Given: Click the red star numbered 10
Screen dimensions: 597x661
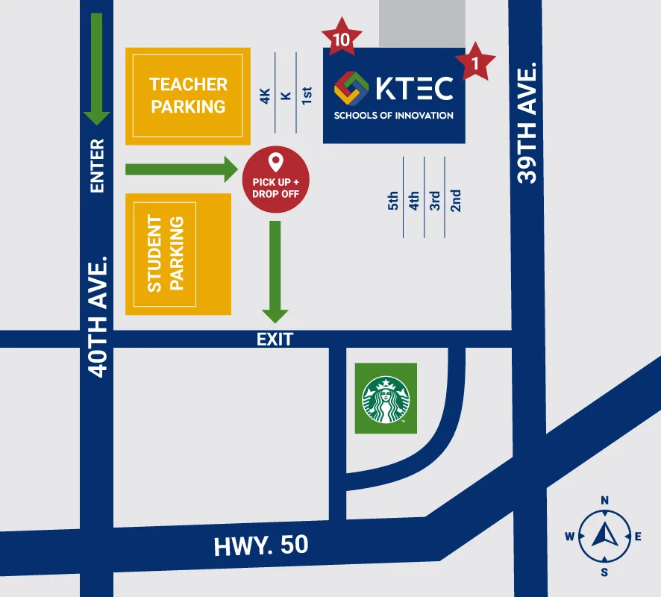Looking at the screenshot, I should pyautogui.click(x=342, y=38).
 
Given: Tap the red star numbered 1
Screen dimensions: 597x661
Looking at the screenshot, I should pyautogui.click(x=475, y=63).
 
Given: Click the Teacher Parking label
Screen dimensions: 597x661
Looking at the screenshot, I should pyautogui.click(x=188, y=96).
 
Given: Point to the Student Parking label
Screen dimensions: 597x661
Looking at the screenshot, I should pyautogui.click(x=165, y=254).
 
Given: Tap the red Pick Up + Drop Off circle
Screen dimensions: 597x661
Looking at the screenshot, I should pyautogui.click(x=275, y=179).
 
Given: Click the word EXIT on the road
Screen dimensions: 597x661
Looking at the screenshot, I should pyautogui.click(x=275, y=340).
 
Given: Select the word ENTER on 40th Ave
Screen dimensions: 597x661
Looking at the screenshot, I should pyautogui.click(x=97, y=166).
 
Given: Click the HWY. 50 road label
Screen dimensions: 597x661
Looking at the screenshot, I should pyautogui.click(x=261, y=546).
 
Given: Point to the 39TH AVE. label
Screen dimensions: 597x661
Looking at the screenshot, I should pyautogui.click(x=527, y=123).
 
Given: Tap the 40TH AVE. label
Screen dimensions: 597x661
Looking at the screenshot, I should pyautogui.click(x=98, y=317).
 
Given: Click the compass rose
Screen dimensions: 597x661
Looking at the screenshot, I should pyautogui.click(x=604, y=536).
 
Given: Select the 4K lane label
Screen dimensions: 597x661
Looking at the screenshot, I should pyautogui.click(x=265, y=96).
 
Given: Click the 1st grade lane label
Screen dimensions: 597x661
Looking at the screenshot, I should pyautogui.click(x=307, y=96).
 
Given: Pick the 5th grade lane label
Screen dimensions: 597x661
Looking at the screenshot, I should pyautogui.click(x=393, y=201).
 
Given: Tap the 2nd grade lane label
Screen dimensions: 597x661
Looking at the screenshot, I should pyautogui.click(x=456, y=201).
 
